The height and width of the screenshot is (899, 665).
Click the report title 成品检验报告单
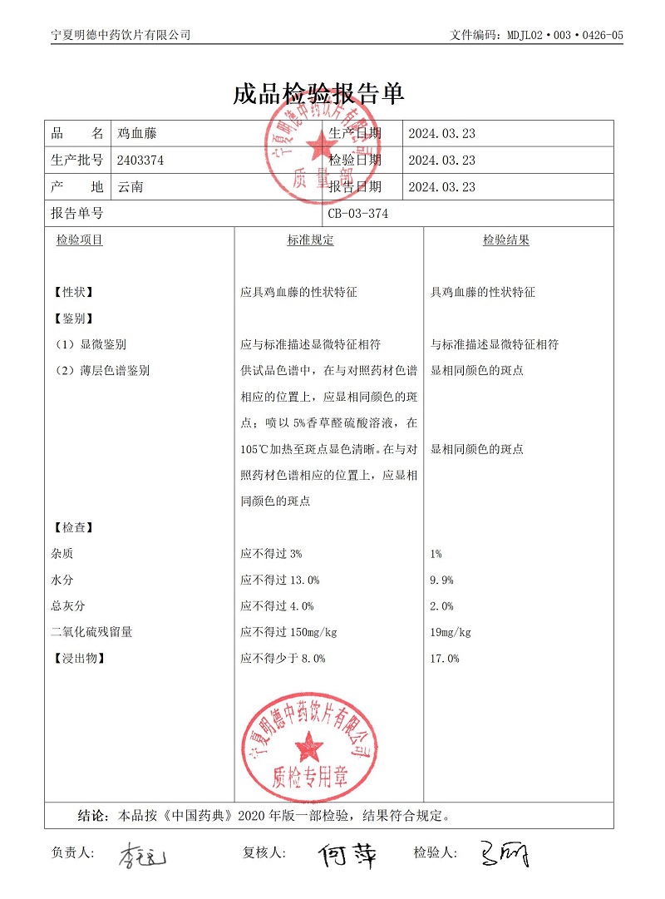(318, 93)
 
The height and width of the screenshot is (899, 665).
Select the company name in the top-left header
(121, 35)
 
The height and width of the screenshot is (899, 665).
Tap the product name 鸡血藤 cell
(137, 134)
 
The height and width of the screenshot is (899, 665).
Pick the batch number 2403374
(141, 161)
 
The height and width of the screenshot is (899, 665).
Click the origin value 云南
(131, 187)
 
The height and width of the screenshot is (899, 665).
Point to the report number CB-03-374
(357, 214)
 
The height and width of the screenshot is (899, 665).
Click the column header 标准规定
(310, 240)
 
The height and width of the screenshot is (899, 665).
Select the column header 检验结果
(506, 240)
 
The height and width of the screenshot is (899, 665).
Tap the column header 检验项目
(80, 240)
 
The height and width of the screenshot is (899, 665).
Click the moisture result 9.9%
(442, 580)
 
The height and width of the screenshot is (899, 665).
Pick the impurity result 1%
(436, 553)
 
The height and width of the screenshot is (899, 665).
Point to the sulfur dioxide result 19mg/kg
(451, 632)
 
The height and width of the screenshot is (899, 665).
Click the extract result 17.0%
(445, 659)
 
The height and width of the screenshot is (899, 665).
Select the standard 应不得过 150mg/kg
(288, 632)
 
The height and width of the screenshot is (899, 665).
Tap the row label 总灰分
(68, 606)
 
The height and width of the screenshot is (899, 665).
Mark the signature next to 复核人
(347, 854)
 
